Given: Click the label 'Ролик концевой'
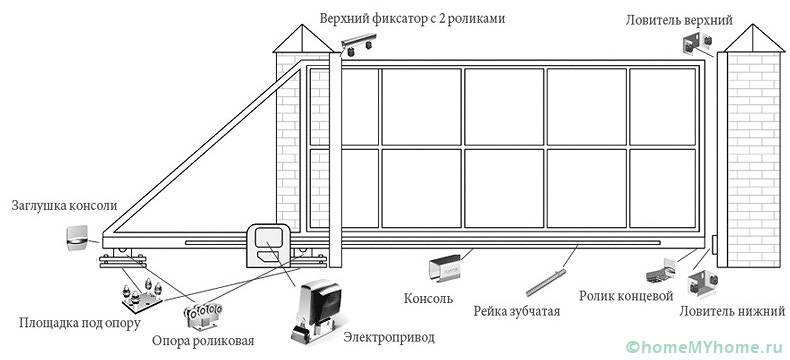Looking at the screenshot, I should coord(621,296).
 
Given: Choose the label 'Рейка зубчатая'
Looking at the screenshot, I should coord(517,310).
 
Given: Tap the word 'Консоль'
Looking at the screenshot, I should coord(429,299).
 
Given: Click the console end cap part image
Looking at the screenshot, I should coord(76,238).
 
